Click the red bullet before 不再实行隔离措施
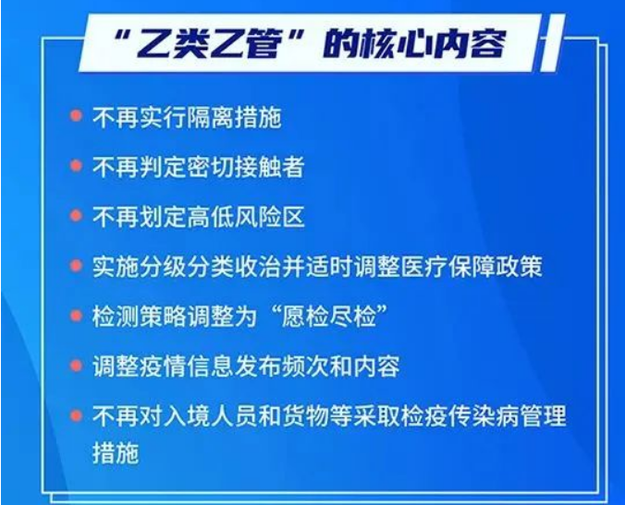[76, 115]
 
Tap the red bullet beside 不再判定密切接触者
[76, 165]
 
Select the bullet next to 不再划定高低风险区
[76, 215]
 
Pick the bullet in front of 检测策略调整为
[76, 316]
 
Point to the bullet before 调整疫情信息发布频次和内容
[76, 366]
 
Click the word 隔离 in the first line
[211, 117]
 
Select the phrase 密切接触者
[246, 167]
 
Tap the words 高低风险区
[246, 217]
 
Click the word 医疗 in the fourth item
[423, 266]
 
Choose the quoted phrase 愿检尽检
[328, 317]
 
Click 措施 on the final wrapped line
[116, 453]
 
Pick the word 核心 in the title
[395, 43]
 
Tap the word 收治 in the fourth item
[258, 266]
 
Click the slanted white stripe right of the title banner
[553, 43]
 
